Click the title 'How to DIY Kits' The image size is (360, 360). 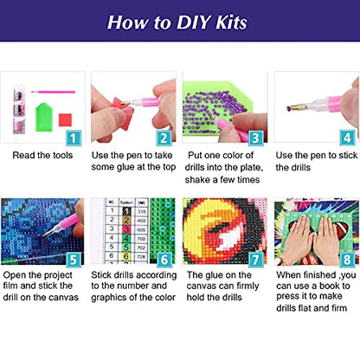(177, 22)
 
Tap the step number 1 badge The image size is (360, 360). (74, 138)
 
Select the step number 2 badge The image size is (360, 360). (164, 138)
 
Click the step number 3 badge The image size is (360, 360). (255, 138)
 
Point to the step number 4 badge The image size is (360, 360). (347, 138)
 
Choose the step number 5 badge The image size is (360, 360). (74, 260)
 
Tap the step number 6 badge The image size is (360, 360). (164, 260)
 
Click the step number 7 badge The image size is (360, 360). (255, 260)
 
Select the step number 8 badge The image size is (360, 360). (347, 260)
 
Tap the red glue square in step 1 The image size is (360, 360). (65, 120)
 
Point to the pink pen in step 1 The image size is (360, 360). (54, 92)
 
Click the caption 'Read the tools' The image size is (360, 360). (42, 155)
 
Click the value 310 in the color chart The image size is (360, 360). (141, 211)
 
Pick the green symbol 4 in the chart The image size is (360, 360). (126, 239)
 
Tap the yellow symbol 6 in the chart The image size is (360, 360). (126, 256)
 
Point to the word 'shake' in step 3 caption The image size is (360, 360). (197, 180)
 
